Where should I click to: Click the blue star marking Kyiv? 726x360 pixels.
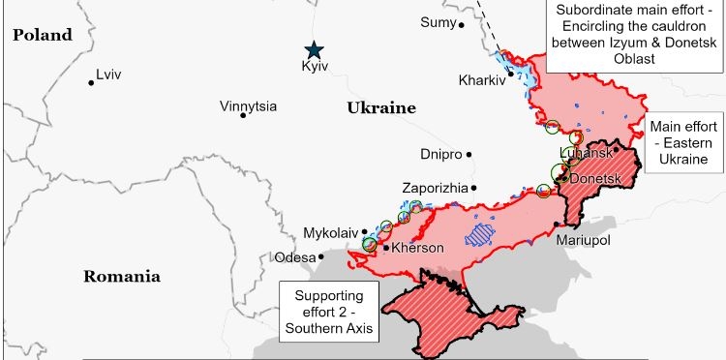tap(313, 50)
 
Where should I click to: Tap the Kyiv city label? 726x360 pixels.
tap(316, 67)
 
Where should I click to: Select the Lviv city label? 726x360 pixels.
tap(108, 75)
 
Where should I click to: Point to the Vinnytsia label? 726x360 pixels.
tap(248, 106)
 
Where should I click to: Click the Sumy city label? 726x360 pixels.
tap(437, 23)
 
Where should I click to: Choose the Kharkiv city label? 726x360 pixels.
tap(481, 80)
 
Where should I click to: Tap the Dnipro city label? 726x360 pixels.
tap(441, 154)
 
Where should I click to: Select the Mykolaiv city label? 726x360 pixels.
tap(330, 233)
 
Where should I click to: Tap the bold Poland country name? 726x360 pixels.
tap(42, 35)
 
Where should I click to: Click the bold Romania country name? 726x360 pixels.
tap(121, 276)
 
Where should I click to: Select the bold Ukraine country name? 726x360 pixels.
tap(380, 108)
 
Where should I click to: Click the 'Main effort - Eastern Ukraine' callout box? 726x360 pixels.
tap(685, 143)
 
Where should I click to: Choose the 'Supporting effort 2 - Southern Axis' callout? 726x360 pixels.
tap(328, 312)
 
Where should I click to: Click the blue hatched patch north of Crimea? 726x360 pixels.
tap(478, 233)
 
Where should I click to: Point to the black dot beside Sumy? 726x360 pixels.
tap(461, 24)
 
